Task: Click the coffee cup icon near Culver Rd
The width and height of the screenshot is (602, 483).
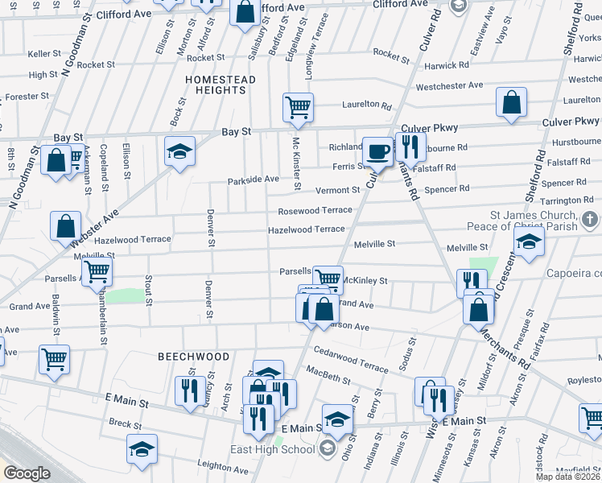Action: click(x=377, y=151)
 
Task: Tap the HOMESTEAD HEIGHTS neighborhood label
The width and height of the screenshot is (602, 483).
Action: click(x=221, y=86)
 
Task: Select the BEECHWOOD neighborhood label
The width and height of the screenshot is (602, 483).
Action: click(x=193, y=356)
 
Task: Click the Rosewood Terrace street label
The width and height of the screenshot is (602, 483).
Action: click(x=315, y=210)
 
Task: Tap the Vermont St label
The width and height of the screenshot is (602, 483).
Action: click(x=337, y=190)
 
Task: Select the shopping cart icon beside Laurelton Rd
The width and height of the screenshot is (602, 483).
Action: click(x=298, y=107)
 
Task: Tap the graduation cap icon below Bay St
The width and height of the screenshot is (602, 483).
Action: click(x=179, y=150)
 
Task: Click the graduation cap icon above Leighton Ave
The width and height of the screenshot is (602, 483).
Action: click(x=142, y=448)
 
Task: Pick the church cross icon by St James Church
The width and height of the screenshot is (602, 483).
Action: click(x=590, y=219)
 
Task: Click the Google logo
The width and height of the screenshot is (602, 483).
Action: click(x=27, y=473)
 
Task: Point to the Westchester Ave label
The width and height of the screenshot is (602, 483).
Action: click(x=448, y=85)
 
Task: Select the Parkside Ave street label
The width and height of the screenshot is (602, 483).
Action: click(x=253, y=179)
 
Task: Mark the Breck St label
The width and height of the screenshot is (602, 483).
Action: click(x=126, y=424)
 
